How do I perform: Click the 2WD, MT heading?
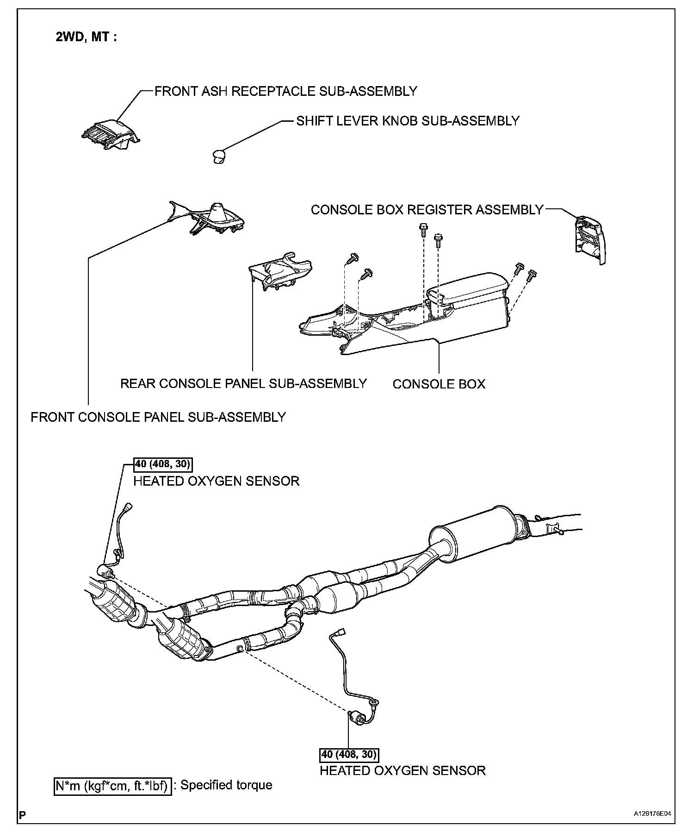pyautogui.click(x=86, y=37)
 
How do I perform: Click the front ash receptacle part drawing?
pyautogui.click(x=111, y=134)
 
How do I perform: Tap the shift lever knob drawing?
pyautogui.click(x=218, y=156)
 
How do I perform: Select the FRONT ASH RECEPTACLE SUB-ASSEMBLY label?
pyautogui.click(x=285, y=91)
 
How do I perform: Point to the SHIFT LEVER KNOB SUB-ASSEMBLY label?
pyautogui.click(x=408, y=121)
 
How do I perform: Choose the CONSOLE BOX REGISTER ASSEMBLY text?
pyautogui.click(x=427, y=210)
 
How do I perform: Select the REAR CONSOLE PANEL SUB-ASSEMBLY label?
pyautogui.click(x=243, y=383)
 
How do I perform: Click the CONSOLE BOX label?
pyautogui.click(x=439, y=384)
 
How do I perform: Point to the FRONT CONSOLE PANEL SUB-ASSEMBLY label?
pyautogui.click(x=158, y=417)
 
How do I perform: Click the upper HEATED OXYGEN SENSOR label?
pyautogui.click(x=216, y=481)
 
